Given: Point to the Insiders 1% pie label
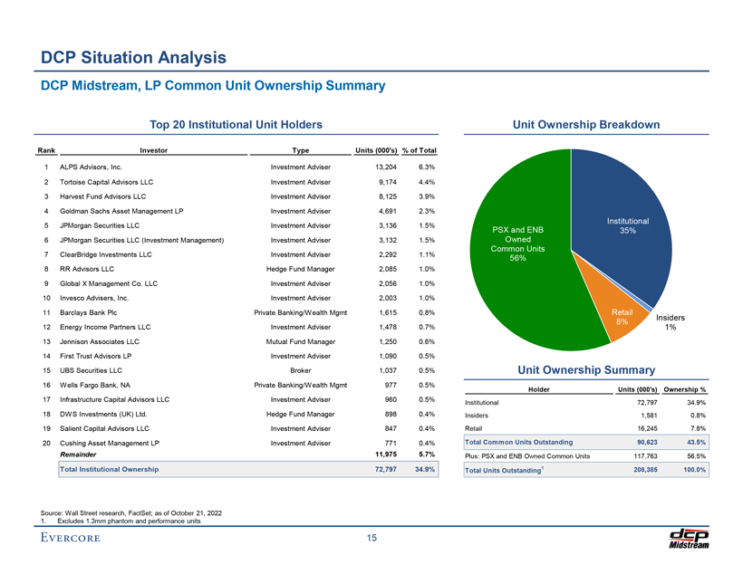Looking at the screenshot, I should tap(671, 322).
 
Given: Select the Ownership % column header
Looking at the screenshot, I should tap(685, 389).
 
